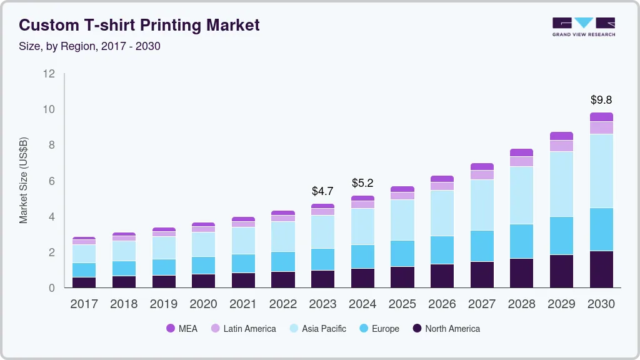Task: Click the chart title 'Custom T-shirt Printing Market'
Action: coord(139,26)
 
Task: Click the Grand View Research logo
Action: coord(583,27)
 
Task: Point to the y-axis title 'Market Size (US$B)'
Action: coord(24,180)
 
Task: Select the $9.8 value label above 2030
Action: coord(601,100)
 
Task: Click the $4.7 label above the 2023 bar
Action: coord(322,191)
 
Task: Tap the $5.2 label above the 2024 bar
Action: coord(362,183)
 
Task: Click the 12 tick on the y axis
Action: coord(49,74)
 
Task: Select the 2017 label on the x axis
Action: coord(84,304)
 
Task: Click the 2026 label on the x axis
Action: coord(442,304)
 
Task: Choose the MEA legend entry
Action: coord(182,329)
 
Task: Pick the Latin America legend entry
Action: coord(243,329)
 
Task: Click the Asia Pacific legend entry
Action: coord(317,329)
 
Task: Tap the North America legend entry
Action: coord(446,329)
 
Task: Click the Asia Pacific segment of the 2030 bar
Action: coord(601,171)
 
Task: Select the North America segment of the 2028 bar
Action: coord(521,272)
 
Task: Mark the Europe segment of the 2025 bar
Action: coord(402,253)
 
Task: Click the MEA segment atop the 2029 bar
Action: coord(561,136)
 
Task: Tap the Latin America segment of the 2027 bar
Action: coord(482,175)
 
